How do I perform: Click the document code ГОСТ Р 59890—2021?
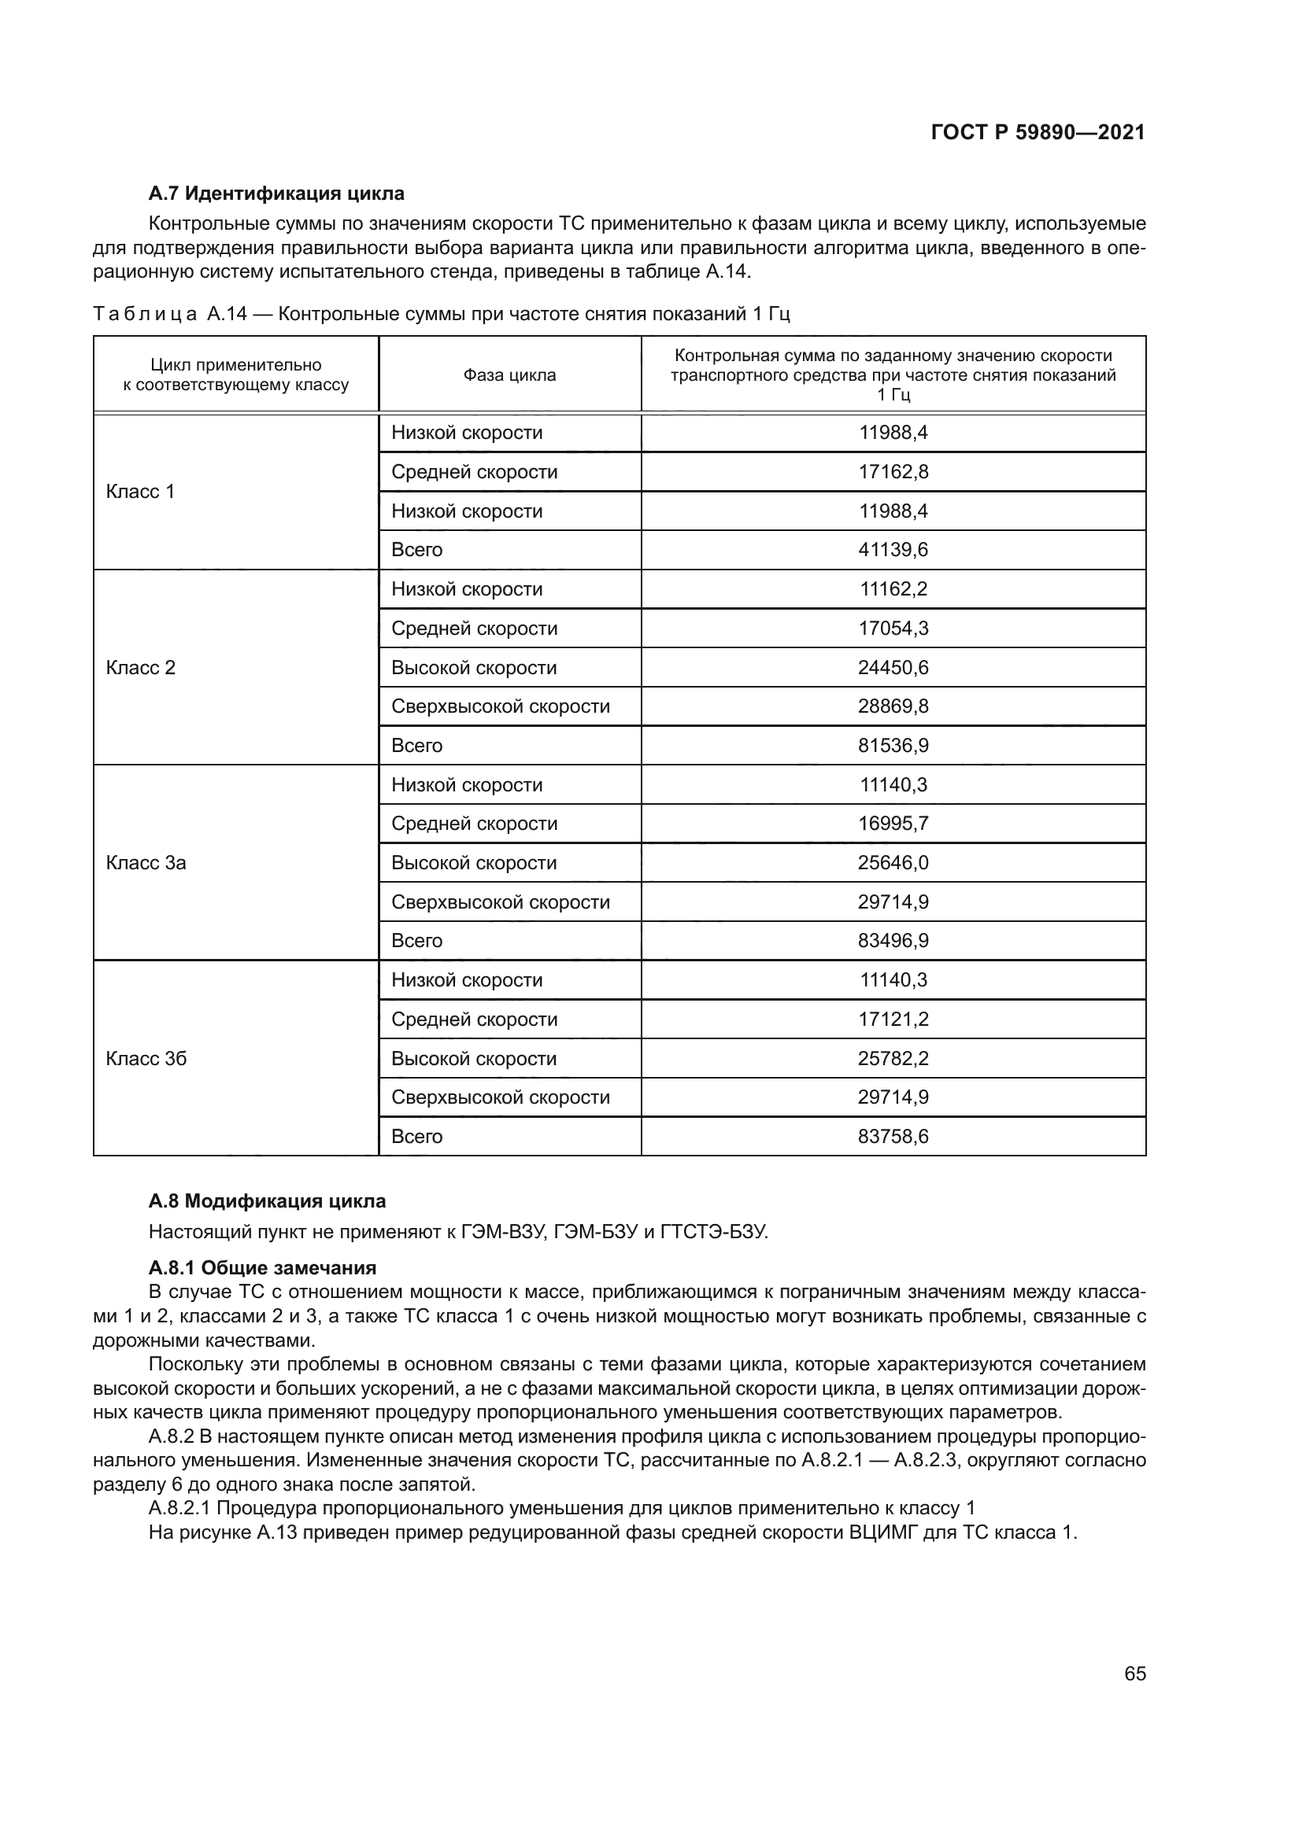click(1038, 132)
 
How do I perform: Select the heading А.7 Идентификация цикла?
click(276, 194)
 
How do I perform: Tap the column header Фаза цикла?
click(509, 375)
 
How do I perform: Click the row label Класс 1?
click(140, 491)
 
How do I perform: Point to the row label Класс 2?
click(140, 668)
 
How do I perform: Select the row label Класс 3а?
click(146, 863)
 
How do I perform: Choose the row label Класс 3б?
click(146, 1059)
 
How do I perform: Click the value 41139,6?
click(893, 550)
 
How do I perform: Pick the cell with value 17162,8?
click(893, 472)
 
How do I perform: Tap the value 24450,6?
click(893, 668)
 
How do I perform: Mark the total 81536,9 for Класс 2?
click(893, 745)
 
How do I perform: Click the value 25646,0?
click(893, 863)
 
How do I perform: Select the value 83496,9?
click(893, 941)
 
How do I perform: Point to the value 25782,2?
click(893, 1059)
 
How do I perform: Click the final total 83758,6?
click(893, 1137)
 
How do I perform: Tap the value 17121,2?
click(893, 1020)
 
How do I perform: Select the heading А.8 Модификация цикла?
click(267, 1201)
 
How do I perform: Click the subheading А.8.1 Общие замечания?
click(262, 1268)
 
